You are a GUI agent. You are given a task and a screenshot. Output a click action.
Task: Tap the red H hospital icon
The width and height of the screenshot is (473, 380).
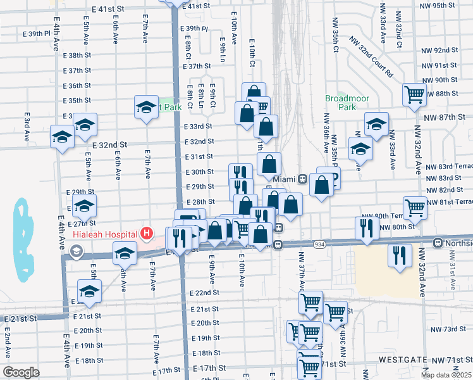(147, 234)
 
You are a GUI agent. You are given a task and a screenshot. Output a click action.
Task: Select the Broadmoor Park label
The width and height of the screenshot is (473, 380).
(341, 103)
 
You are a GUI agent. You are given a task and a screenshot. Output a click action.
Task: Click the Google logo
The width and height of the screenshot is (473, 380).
(21, 372)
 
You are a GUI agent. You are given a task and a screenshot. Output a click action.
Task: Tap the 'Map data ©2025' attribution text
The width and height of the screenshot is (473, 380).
(446, 375)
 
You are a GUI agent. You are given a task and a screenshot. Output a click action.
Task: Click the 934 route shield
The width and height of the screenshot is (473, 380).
(320, 244)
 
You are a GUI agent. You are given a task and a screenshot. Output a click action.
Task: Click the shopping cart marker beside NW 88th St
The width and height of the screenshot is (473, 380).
(414, 95)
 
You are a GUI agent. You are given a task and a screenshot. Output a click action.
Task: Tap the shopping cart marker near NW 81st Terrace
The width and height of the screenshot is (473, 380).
(415, 206)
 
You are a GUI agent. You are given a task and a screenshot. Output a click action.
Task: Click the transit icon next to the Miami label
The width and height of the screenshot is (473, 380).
(304, 179)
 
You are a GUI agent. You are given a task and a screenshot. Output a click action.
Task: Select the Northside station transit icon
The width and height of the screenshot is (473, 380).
(437, 243)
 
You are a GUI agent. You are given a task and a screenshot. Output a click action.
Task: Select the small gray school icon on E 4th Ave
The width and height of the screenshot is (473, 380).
(76, 252)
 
